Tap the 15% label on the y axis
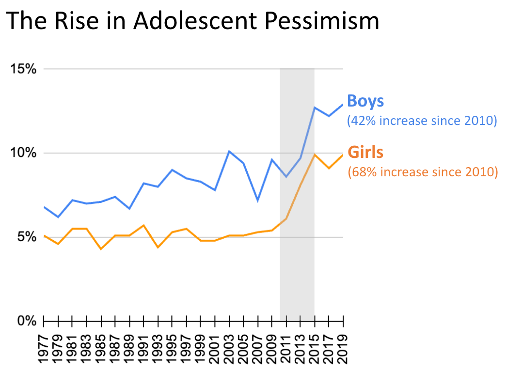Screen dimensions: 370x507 click(24, 69)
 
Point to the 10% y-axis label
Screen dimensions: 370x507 click(24, 153)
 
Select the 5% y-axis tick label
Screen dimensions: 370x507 click(27, 237)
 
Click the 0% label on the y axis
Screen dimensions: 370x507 click(27, 321)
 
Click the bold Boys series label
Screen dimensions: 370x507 click(365, 101)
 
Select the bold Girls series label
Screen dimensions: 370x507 click(365, 152)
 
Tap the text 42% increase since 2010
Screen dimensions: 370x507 click(422, 121)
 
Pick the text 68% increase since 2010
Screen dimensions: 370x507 click(423, 171)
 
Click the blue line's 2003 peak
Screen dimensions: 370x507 click(229, 151)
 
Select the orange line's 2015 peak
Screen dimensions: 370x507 click(315, 154)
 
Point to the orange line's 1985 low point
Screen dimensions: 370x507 click(101, 249)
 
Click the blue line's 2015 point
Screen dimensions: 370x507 click(315, 108)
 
